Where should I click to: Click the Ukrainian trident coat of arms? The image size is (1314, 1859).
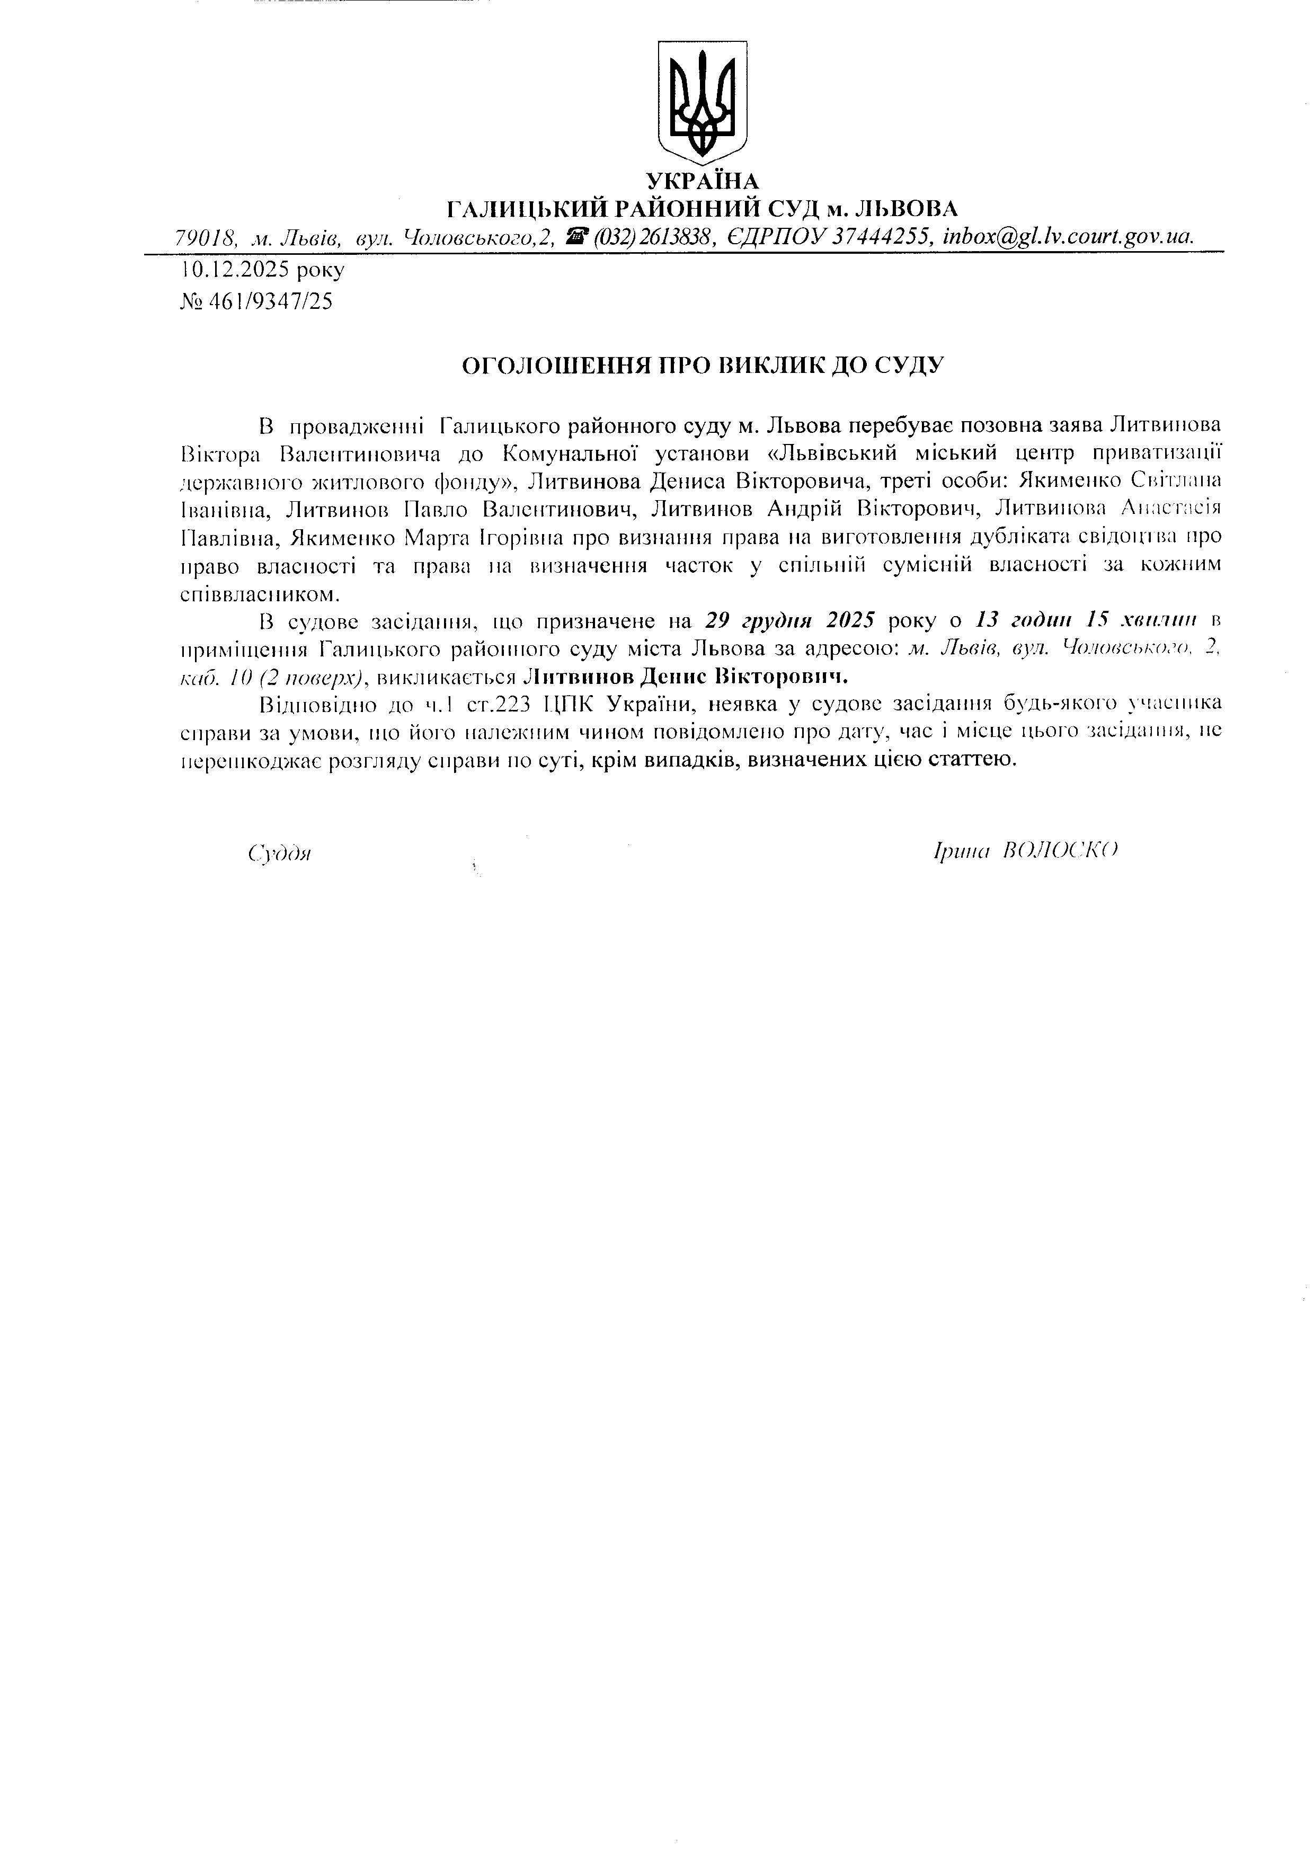click(x=701, y=101)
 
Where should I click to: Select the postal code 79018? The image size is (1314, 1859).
click(x=205, y=237)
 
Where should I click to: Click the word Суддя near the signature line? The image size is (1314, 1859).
click(x=280, y=853)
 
